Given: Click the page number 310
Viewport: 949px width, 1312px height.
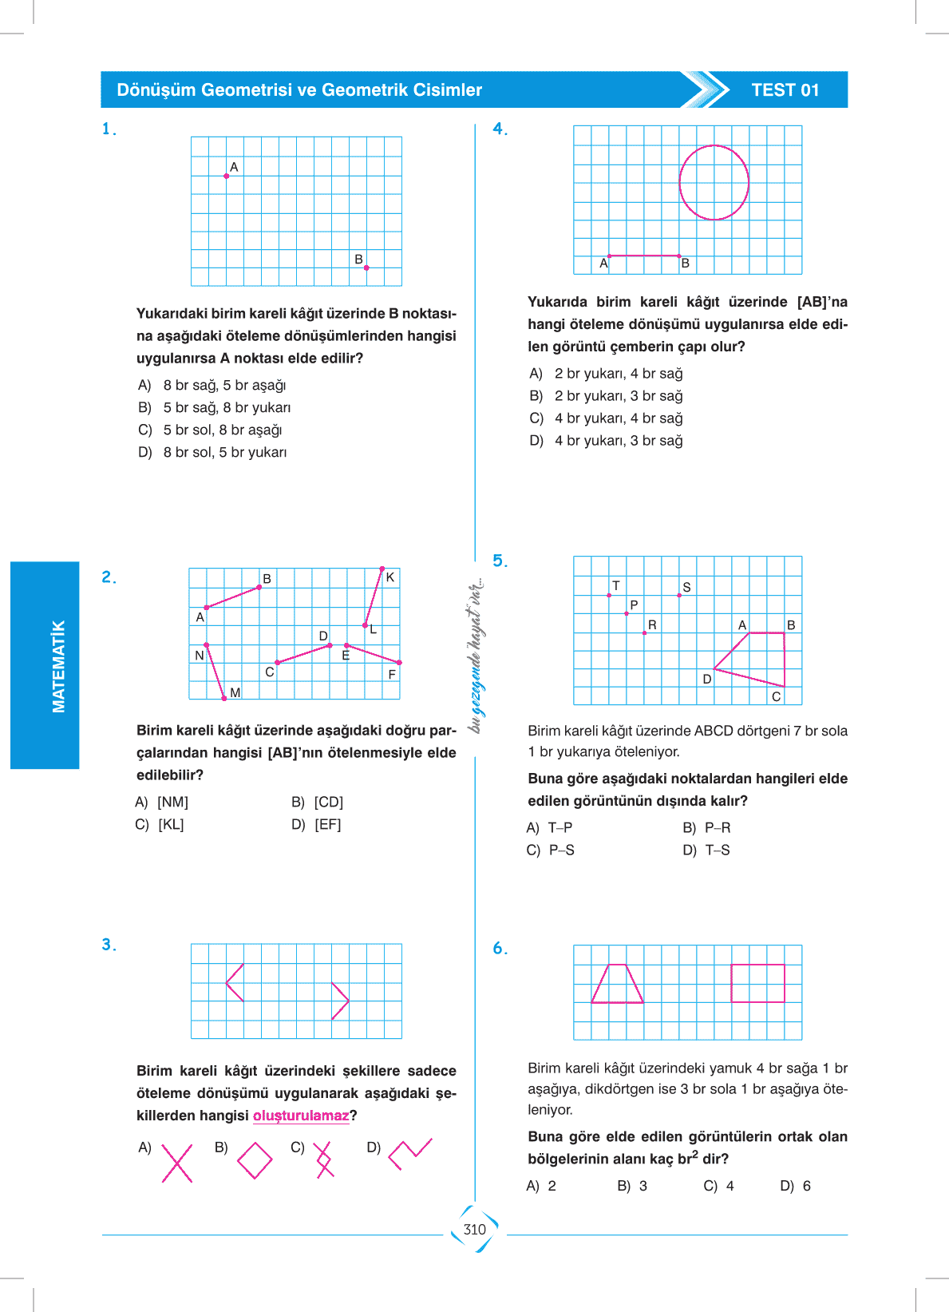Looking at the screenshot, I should point(474,1230).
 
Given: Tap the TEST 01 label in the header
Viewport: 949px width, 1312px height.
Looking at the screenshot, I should point(785,90).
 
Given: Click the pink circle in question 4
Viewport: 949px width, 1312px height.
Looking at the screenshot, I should point(714,182).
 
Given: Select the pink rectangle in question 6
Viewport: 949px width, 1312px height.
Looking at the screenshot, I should point(757,983).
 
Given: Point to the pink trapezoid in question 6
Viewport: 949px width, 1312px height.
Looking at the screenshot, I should point(617,984).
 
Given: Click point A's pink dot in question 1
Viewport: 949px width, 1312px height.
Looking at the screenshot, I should point(227,176).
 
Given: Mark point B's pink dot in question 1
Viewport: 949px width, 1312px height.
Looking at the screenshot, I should point(366,268).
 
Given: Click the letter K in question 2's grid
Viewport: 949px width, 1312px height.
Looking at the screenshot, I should point(390,577).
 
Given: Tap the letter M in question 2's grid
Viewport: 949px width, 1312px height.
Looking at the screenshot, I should point(235,692).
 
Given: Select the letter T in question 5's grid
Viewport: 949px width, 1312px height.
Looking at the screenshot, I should point(615,586).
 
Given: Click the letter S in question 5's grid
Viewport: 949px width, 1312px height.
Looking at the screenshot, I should point(686,587).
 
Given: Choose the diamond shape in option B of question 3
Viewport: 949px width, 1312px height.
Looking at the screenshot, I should point(255,1160).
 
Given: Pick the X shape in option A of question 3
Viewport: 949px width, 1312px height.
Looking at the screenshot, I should point(177,1163).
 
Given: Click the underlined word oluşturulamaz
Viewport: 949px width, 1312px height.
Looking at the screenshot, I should point(301,1116).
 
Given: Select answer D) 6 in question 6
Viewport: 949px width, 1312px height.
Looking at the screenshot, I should point(796,1186).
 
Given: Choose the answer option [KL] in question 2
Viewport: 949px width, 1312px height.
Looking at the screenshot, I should point(170,824).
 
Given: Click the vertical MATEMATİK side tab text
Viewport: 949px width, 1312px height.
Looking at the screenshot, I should point(58,666).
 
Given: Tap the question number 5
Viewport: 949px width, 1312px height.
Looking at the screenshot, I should point(500,561).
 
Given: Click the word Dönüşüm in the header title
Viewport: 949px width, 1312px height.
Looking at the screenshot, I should point(156,90).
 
